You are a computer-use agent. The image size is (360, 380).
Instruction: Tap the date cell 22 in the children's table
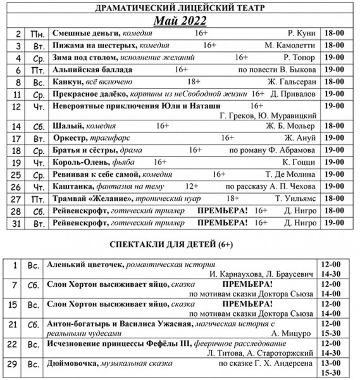point(16,347)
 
